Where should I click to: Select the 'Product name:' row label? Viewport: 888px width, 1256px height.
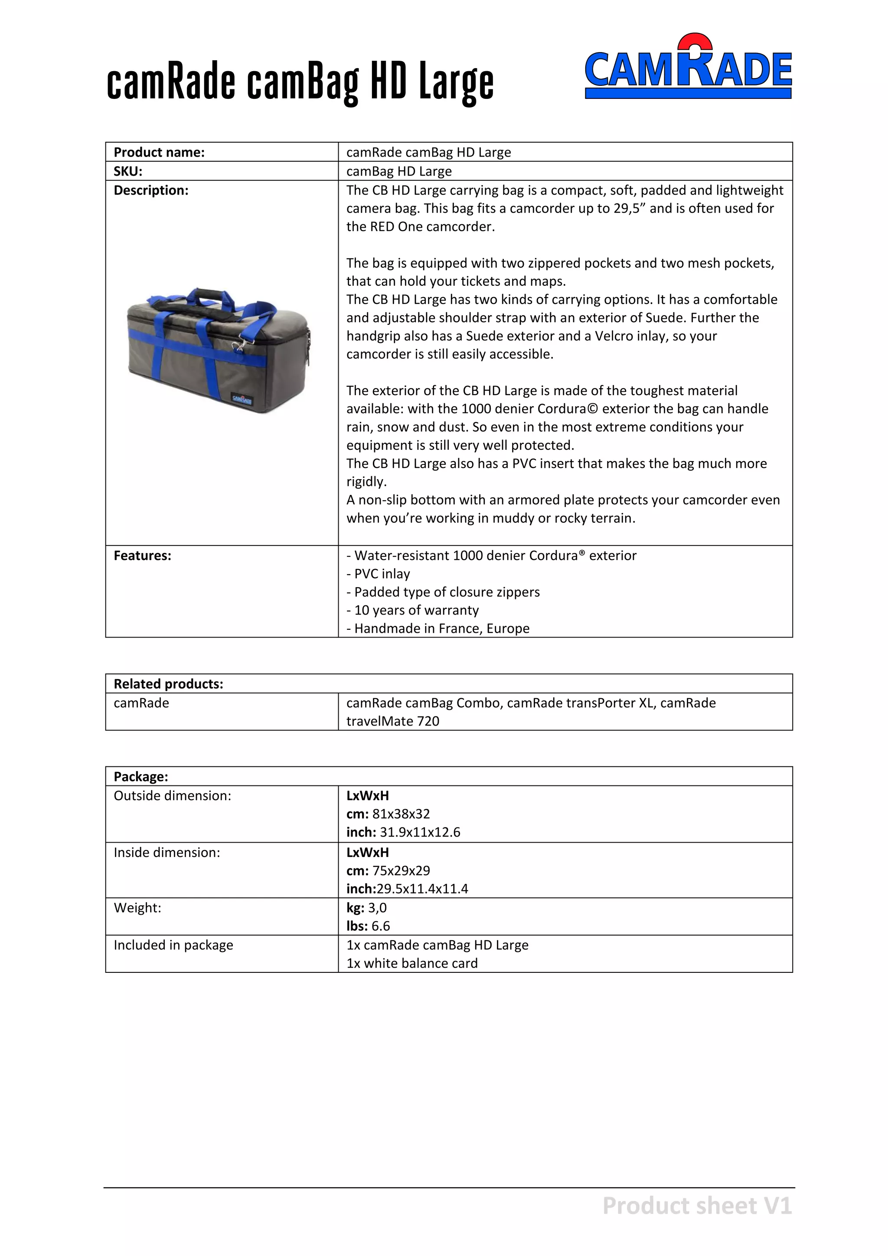tap(159, 152)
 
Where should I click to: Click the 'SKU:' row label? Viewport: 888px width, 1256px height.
tap(128, 171)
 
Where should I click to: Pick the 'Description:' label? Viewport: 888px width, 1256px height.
tap(151, 190)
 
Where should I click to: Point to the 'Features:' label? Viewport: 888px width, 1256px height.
tap(142, 556)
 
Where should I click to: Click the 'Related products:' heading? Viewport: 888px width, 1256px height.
tap(168, 684)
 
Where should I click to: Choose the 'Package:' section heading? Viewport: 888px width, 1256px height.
tap(140, 777)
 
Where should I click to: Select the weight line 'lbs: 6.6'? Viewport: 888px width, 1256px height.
tap(368, 926)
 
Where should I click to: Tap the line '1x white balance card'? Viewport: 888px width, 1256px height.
tap(412, 963)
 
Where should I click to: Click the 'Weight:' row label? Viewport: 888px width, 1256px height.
tap(137, 908)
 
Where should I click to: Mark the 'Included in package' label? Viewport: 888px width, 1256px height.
tap(173, 945)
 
